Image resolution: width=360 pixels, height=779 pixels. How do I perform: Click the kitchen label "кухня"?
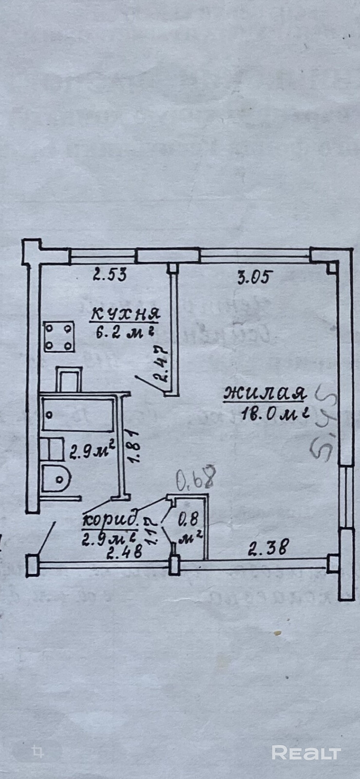124,315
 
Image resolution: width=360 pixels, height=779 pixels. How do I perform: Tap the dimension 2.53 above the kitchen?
110,275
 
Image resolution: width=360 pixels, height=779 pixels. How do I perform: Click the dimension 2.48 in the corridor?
126,552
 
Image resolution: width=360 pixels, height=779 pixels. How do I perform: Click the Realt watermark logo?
305,753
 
